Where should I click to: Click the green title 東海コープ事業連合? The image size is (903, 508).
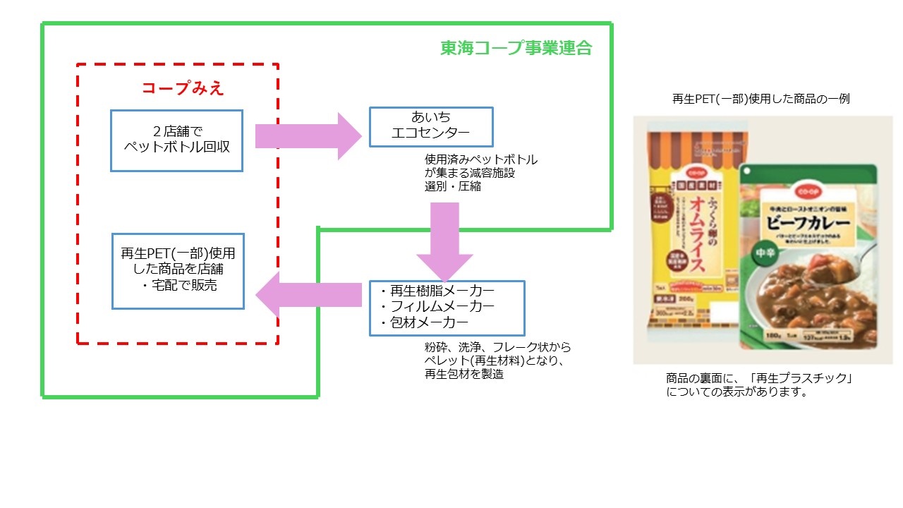[516, 48]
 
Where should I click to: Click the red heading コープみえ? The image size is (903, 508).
[182, 88]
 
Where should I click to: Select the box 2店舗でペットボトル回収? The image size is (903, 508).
[176, 140]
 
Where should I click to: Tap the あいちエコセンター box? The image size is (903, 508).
[431, 126]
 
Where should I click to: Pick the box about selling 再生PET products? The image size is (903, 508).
[178, 271]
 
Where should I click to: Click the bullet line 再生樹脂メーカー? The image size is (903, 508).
[437, 291]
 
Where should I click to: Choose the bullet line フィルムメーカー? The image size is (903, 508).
[437, 307]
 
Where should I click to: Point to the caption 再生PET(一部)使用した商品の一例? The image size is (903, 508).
[760, 99]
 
